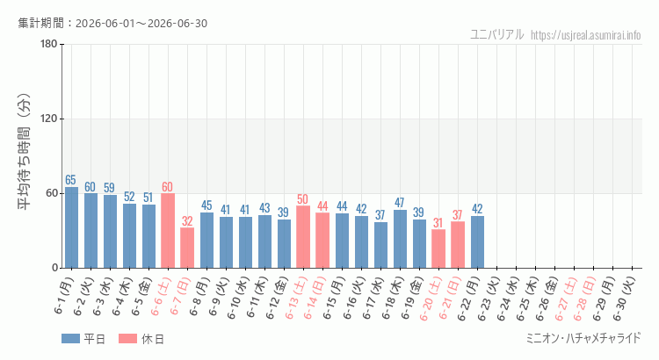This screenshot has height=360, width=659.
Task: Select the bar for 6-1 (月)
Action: point(71,227)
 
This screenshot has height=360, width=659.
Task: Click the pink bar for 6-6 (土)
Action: point(168,231)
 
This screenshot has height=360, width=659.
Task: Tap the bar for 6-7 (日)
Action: point(187,248)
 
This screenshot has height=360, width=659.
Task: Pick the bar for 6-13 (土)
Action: point(303,237)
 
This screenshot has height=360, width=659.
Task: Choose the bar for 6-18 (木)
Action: point(400,239)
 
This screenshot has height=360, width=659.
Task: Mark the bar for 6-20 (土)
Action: point(438,248)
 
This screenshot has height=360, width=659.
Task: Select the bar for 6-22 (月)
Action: point(477,242)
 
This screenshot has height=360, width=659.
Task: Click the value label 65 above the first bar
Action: point(70,180)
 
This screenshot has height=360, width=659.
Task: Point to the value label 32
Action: point(187,221)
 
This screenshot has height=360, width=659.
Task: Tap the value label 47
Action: point(399,203)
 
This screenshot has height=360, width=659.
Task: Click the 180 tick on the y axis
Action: point(49,44)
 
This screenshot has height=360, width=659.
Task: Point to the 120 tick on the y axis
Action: point(49,119)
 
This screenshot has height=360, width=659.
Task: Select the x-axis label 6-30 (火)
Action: point(626,298)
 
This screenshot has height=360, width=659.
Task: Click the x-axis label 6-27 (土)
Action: point(568,298)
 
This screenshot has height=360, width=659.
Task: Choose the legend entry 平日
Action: point(83,339)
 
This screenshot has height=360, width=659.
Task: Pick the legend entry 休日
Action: point(141,339)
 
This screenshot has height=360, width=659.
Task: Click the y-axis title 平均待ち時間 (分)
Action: point(24,152)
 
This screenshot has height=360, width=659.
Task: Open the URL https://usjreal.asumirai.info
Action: point(585,35)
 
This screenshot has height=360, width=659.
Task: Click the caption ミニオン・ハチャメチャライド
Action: point(583,338)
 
